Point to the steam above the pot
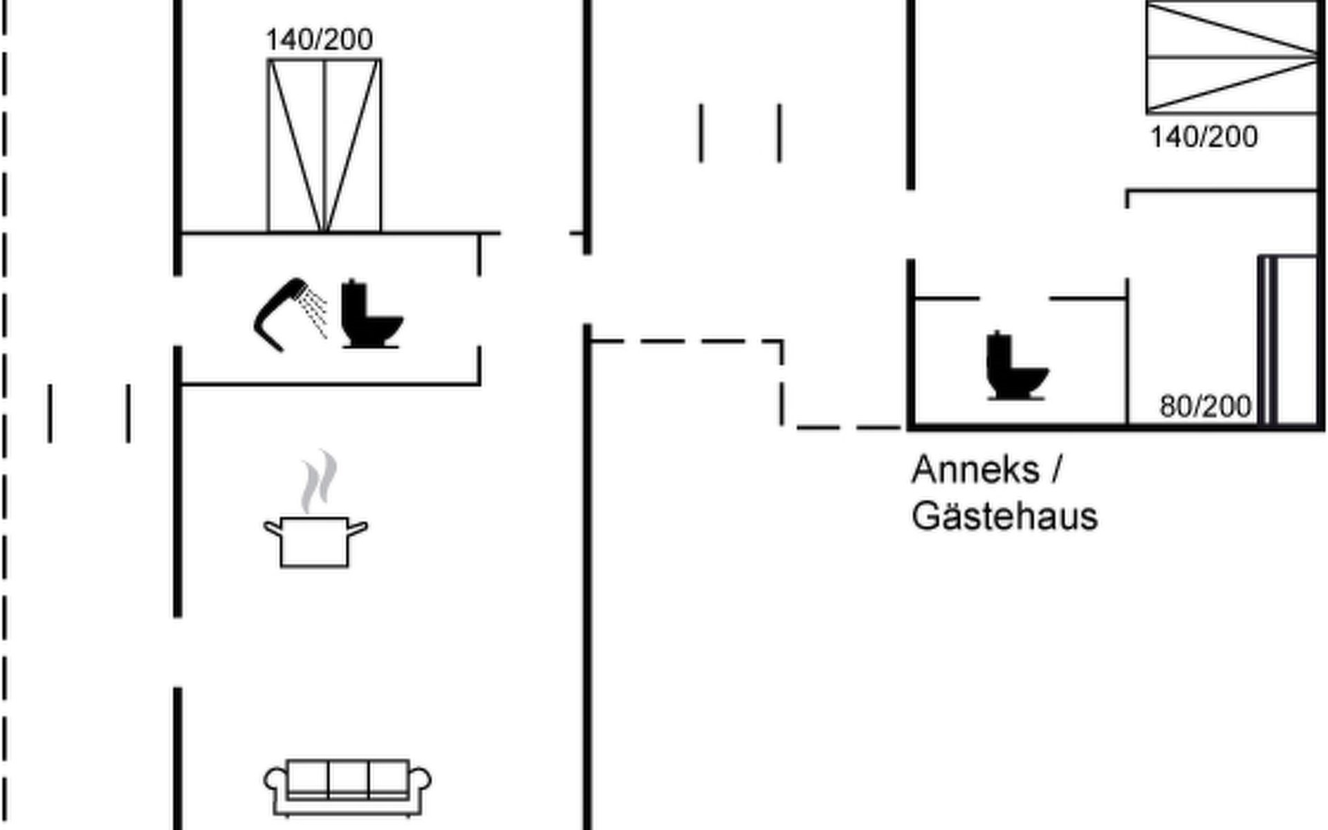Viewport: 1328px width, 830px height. point(319,481)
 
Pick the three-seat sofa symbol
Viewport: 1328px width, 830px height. point(348,787)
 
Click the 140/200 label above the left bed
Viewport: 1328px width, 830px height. point(320,40)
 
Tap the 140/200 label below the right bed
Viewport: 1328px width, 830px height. point(1203,137)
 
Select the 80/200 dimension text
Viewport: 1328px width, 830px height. point(1206,407)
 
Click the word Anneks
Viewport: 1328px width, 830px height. point(975,470)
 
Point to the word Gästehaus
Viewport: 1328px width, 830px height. point(1004,517)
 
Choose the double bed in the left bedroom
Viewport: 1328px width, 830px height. point(324,145)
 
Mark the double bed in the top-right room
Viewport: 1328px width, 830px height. point(1231,57)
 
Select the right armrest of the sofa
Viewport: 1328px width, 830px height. point(421,782)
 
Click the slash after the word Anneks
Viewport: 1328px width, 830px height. point(1056,470)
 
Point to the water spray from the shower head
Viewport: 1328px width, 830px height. point(315,313)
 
